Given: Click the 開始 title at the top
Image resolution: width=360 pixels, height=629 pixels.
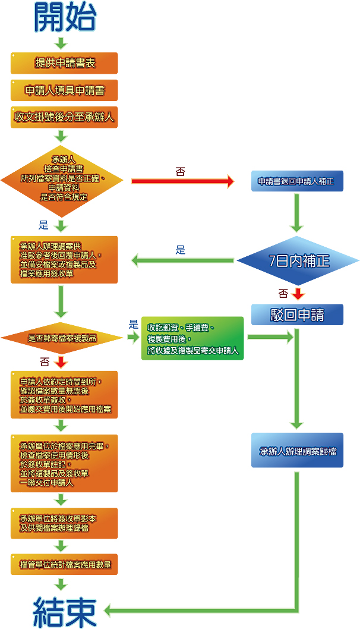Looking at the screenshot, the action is [65, 17].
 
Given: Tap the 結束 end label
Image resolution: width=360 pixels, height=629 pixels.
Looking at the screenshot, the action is [65, 612].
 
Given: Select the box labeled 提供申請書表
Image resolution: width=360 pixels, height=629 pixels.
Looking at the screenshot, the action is [64, 63].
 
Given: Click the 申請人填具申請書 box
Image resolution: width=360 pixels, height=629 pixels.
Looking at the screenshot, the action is [64, 90].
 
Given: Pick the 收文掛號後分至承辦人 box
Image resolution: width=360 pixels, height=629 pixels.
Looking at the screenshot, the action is [64, 117].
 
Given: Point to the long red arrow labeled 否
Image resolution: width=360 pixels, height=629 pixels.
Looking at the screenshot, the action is [182, 181].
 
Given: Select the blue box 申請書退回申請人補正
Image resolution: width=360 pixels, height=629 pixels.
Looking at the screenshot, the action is [297, 181].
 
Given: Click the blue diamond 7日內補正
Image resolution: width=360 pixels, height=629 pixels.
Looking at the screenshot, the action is [298, 261].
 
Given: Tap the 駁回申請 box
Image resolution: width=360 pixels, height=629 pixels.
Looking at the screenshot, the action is [297, 314].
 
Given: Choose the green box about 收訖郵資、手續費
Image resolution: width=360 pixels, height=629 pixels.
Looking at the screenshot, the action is [192, 338].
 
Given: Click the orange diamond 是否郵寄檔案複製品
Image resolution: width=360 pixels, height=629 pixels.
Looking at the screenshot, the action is [62, 338].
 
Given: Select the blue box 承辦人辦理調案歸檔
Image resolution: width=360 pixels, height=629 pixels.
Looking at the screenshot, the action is [297, 450].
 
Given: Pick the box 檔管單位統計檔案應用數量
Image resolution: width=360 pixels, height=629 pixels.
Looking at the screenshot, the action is [64, 564].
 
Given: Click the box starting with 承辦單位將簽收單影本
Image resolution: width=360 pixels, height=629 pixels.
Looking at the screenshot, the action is [64, 523].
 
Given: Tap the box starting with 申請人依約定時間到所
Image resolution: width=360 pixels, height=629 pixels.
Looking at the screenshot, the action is [64, 395].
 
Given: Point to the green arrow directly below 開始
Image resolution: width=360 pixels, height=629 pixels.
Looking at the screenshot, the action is [61, 43].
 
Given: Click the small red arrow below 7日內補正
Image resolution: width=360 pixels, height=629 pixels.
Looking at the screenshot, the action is [298, 294].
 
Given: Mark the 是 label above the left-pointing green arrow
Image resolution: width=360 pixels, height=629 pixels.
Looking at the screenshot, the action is [180, 250].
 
